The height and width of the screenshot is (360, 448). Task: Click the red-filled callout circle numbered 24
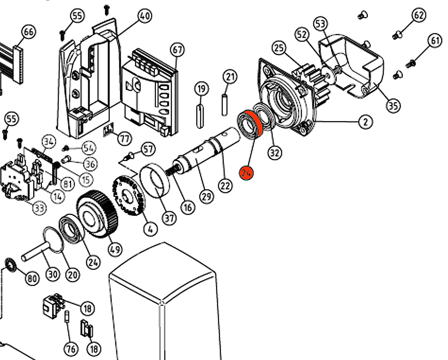pos(247,173)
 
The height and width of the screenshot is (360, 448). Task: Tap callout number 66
pos(29,32)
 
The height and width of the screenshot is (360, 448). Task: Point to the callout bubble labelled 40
pos(144,17)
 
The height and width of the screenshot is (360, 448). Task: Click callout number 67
pos(177,50)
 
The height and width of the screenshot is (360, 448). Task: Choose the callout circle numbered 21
pos(230,77)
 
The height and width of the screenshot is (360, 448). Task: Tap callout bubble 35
pos(394,106)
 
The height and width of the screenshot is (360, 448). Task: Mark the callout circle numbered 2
pos(366,122)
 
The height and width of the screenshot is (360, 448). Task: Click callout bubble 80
pos(32,279)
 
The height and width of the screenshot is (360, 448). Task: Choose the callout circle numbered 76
pos(71,348)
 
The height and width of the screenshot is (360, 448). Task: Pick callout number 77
pos(125,139)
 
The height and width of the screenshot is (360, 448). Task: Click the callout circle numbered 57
pos(148,149)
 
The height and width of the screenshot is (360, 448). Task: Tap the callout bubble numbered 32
pos(275,153)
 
